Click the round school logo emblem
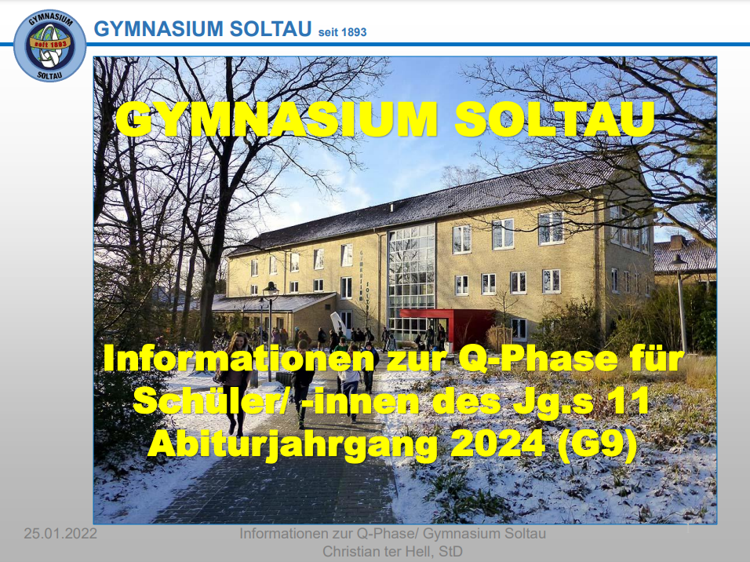click(49, 46)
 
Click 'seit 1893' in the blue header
click(343, 32)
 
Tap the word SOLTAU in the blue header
click(271, 29)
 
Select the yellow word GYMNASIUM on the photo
click(276, 119)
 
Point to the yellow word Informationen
click(238, 358)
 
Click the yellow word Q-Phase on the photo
click(537, 359)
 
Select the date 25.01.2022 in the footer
click(60, 533)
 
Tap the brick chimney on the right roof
click(677, 242)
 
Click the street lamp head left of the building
click(271, 289)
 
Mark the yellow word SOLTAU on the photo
click(555, 119)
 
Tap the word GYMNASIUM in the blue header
click(158, 29)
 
